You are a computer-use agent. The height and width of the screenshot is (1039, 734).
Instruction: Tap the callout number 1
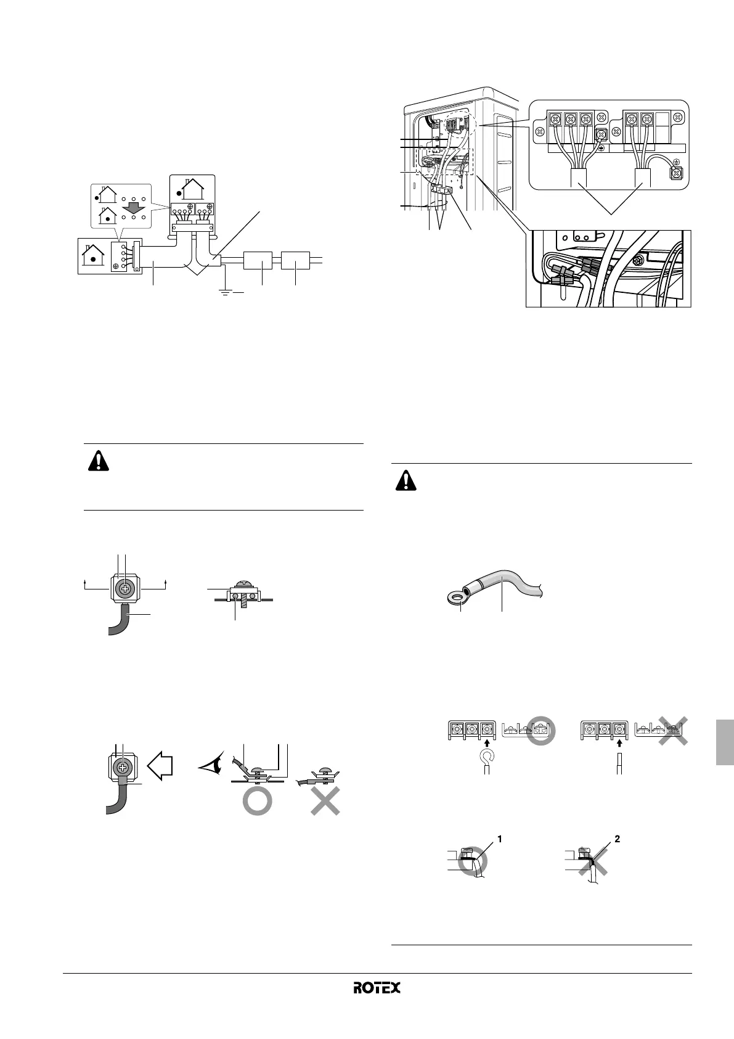[500, 839]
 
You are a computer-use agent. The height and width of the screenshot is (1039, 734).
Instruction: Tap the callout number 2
[617, 839]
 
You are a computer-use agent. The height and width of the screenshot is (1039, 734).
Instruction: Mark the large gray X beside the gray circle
[325, 800]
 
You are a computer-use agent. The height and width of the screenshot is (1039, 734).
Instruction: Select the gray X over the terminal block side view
[672, 729]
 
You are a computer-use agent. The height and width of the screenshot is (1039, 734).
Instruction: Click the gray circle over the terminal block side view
[540, 730]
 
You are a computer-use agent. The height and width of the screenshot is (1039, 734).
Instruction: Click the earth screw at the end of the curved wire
[676, 175]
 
